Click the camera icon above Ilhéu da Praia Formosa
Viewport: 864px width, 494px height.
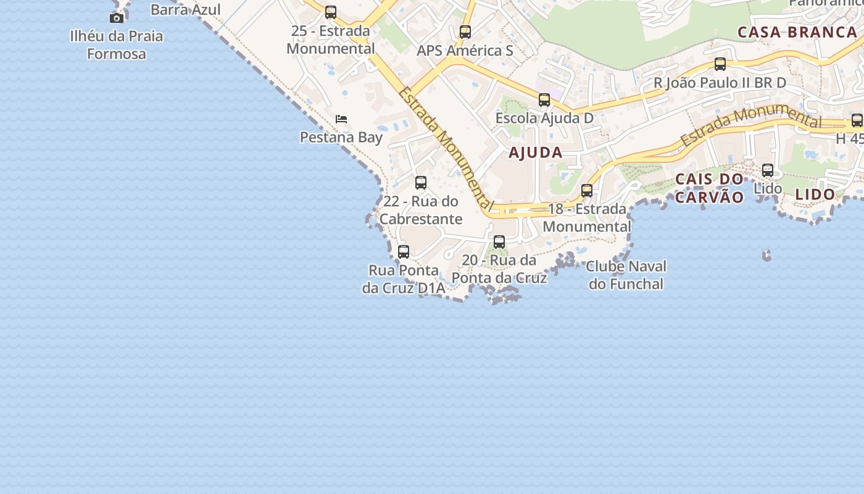point(117,18)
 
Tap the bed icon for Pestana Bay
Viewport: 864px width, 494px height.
point(341,119)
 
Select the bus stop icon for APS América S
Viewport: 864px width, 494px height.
point(465,32)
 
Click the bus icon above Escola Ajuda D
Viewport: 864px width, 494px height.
point(544,100)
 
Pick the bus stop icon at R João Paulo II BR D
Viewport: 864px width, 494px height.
point(720,64)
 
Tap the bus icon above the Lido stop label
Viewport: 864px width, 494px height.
point(768,170)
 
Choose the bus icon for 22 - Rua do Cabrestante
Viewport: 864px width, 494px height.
point(421,183)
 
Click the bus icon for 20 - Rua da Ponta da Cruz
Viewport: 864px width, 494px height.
point(499,242)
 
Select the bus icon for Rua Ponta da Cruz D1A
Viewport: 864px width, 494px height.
point(404,252)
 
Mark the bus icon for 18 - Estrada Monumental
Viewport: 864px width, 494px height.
point(587,191)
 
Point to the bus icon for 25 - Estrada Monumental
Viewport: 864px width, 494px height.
point(331,12)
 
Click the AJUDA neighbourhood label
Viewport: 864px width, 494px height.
point(536,153)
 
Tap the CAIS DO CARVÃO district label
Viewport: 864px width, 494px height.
point(710,188)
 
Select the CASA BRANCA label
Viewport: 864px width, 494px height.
point(797,32)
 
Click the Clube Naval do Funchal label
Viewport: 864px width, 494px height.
point(626,275)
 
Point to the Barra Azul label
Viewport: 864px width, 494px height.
point(185,9)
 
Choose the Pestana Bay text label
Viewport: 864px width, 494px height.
point(341,137)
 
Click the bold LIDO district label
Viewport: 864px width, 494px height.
point(815,195)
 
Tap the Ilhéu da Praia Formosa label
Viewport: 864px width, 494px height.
point(117,44)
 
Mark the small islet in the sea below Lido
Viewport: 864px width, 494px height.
point(766,255)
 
